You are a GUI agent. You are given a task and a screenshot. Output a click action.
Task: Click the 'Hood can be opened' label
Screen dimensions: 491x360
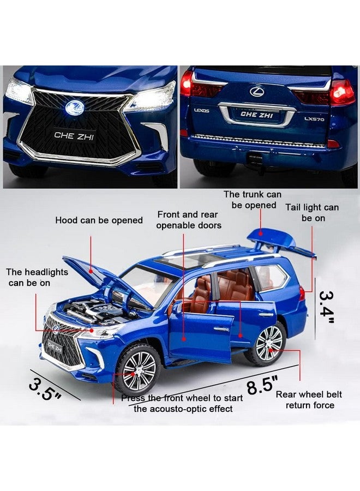click(99, 220)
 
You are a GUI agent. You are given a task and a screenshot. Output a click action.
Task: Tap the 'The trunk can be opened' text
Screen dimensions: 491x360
click(253, 200)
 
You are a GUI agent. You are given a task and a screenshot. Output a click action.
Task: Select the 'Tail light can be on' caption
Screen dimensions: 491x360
click(312, 213)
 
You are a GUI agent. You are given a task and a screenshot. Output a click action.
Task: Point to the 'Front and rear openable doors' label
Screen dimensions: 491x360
click(189, 220)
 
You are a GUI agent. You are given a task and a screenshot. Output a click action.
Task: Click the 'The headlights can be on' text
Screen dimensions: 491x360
click(37, 277)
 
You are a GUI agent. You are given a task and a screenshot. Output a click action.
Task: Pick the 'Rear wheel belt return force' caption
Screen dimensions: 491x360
click(304, 399)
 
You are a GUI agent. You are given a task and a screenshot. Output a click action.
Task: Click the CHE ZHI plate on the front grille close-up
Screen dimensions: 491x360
click(75, 135)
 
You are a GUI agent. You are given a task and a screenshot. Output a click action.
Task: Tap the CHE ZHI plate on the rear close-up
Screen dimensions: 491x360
click(257, 115)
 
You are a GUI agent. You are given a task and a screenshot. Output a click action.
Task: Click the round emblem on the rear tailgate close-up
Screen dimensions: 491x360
click(256, 91)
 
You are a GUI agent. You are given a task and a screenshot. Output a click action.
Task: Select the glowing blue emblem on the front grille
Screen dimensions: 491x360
click(74, 107)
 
